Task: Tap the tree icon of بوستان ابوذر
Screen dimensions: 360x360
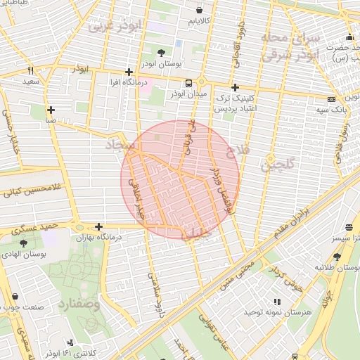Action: (162, 52)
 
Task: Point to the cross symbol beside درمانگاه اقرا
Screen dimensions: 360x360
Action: (129, 72)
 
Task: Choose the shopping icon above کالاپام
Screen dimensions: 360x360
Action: (200, 11)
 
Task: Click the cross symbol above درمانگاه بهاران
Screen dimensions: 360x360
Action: (99, 226)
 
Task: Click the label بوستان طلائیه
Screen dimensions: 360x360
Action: (337, 267)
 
